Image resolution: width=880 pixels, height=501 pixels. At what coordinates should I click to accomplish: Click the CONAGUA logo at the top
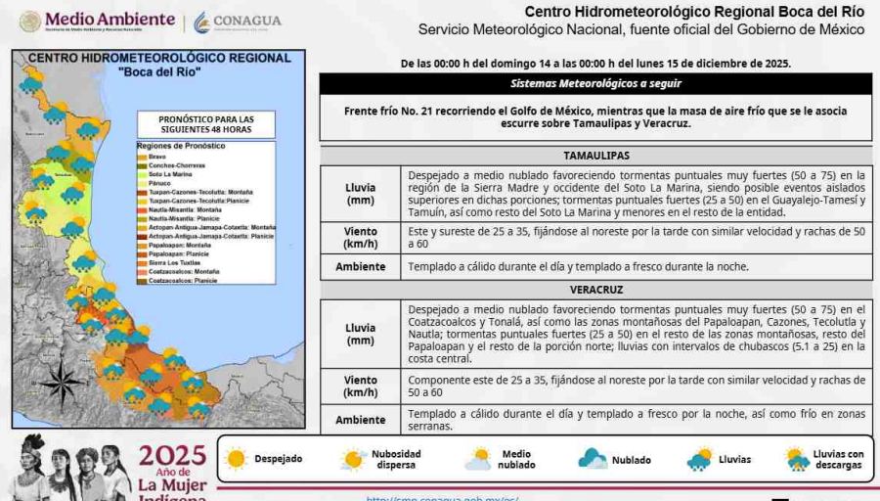(x=237, y=21)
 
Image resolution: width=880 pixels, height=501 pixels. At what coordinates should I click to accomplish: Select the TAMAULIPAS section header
(x=595, y=156)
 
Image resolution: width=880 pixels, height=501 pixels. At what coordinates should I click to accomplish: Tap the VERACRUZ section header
(x=595, y=290)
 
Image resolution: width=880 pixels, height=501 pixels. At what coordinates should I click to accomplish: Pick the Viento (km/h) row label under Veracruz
(x=360, y=387)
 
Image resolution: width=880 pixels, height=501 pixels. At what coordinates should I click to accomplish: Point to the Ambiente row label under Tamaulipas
(x=360, y=266)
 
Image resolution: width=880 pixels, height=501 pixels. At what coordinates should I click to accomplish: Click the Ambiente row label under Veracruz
(x=360, y=420)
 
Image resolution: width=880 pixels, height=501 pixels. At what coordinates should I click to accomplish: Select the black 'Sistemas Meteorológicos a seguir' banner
(x=595, y=83)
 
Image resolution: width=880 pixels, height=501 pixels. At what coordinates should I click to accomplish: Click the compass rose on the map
(x=62, y=381)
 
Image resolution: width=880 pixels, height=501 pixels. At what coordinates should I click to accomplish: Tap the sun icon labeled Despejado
(x=235, y=458)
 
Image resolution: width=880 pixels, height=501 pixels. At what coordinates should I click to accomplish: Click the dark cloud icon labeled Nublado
(x=592, y=458)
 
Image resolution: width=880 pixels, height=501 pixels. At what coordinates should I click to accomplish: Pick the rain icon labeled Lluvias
(x=700, y=458)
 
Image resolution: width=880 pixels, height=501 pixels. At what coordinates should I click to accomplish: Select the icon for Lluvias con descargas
(x=797, y=458)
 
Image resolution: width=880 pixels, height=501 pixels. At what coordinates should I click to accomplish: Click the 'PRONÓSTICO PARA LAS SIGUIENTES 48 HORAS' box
(x=205, y=123)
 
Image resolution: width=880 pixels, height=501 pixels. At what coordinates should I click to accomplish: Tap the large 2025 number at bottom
(x=172, y=455)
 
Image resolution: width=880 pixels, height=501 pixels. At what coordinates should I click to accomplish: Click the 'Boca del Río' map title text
(x=159, y=72)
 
